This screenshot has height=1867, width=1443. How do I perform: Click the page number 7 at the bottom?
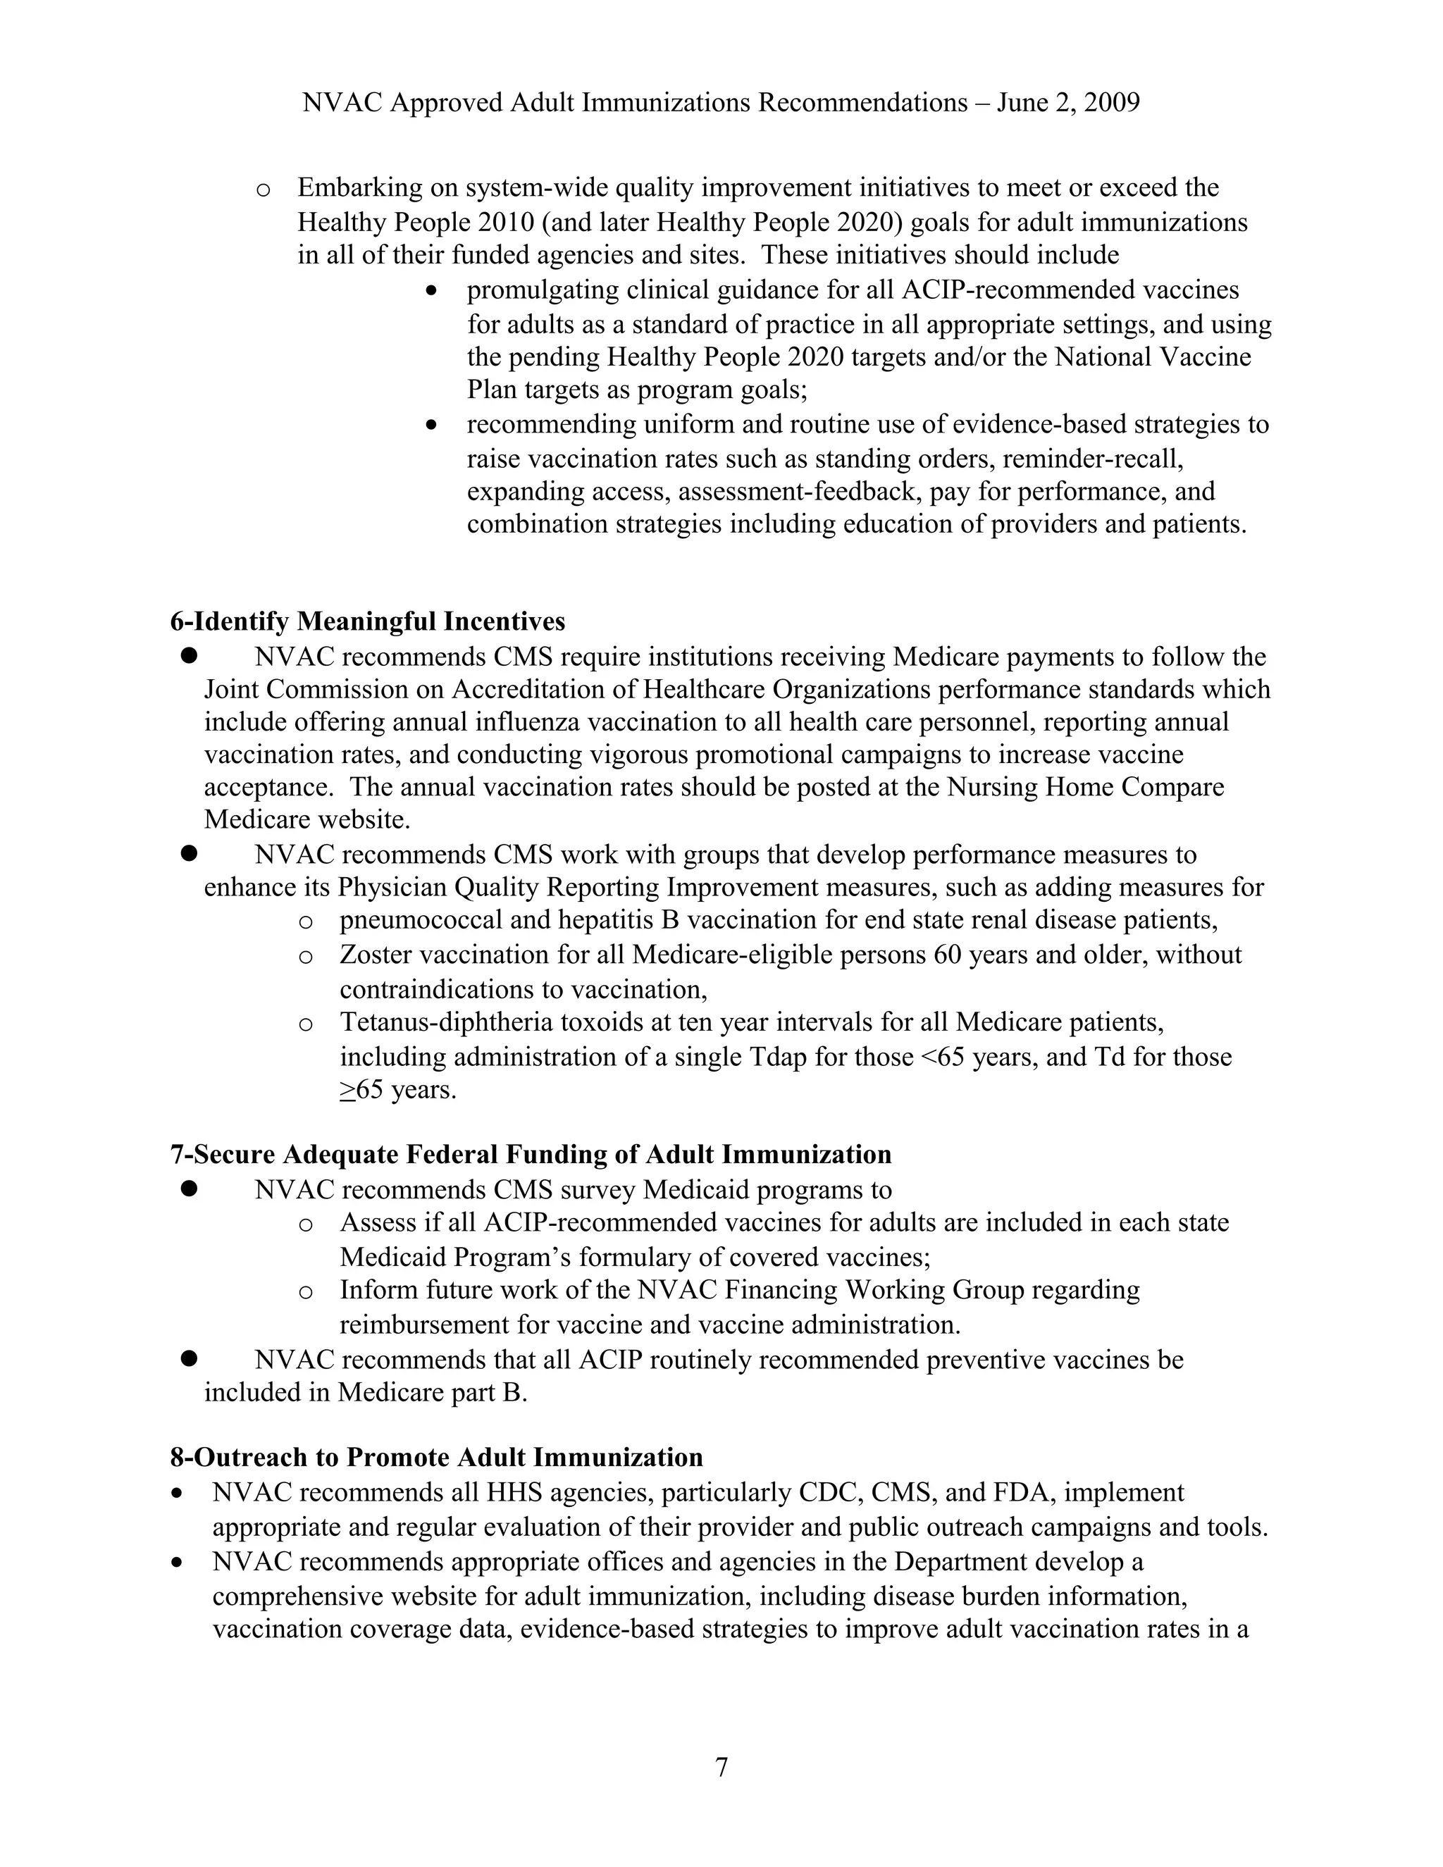click(x=721, y=1766)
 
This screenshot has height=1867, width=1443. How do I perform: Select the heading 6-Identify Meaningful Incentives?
click(x=368, y=621)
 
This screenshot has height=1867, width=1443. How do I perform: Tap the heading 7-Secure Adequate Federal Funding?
click(x=530, y=1154)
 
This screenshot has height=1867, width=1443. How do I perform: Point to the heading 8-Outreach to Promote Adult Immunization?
click(x=436, y=1457)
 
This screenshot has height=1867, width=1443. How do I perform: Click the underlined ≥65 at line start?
click(x=361, y=1090)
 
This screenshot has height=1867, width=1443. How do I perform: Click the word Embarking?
click(x=360, y=187)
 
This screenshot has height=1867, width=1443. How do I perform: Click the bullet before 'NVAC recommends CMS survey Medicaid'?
click(x=189, y=1189)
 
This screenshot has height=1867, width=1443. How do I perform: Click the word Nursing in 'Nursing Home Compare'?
click(x=991, y=788)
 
